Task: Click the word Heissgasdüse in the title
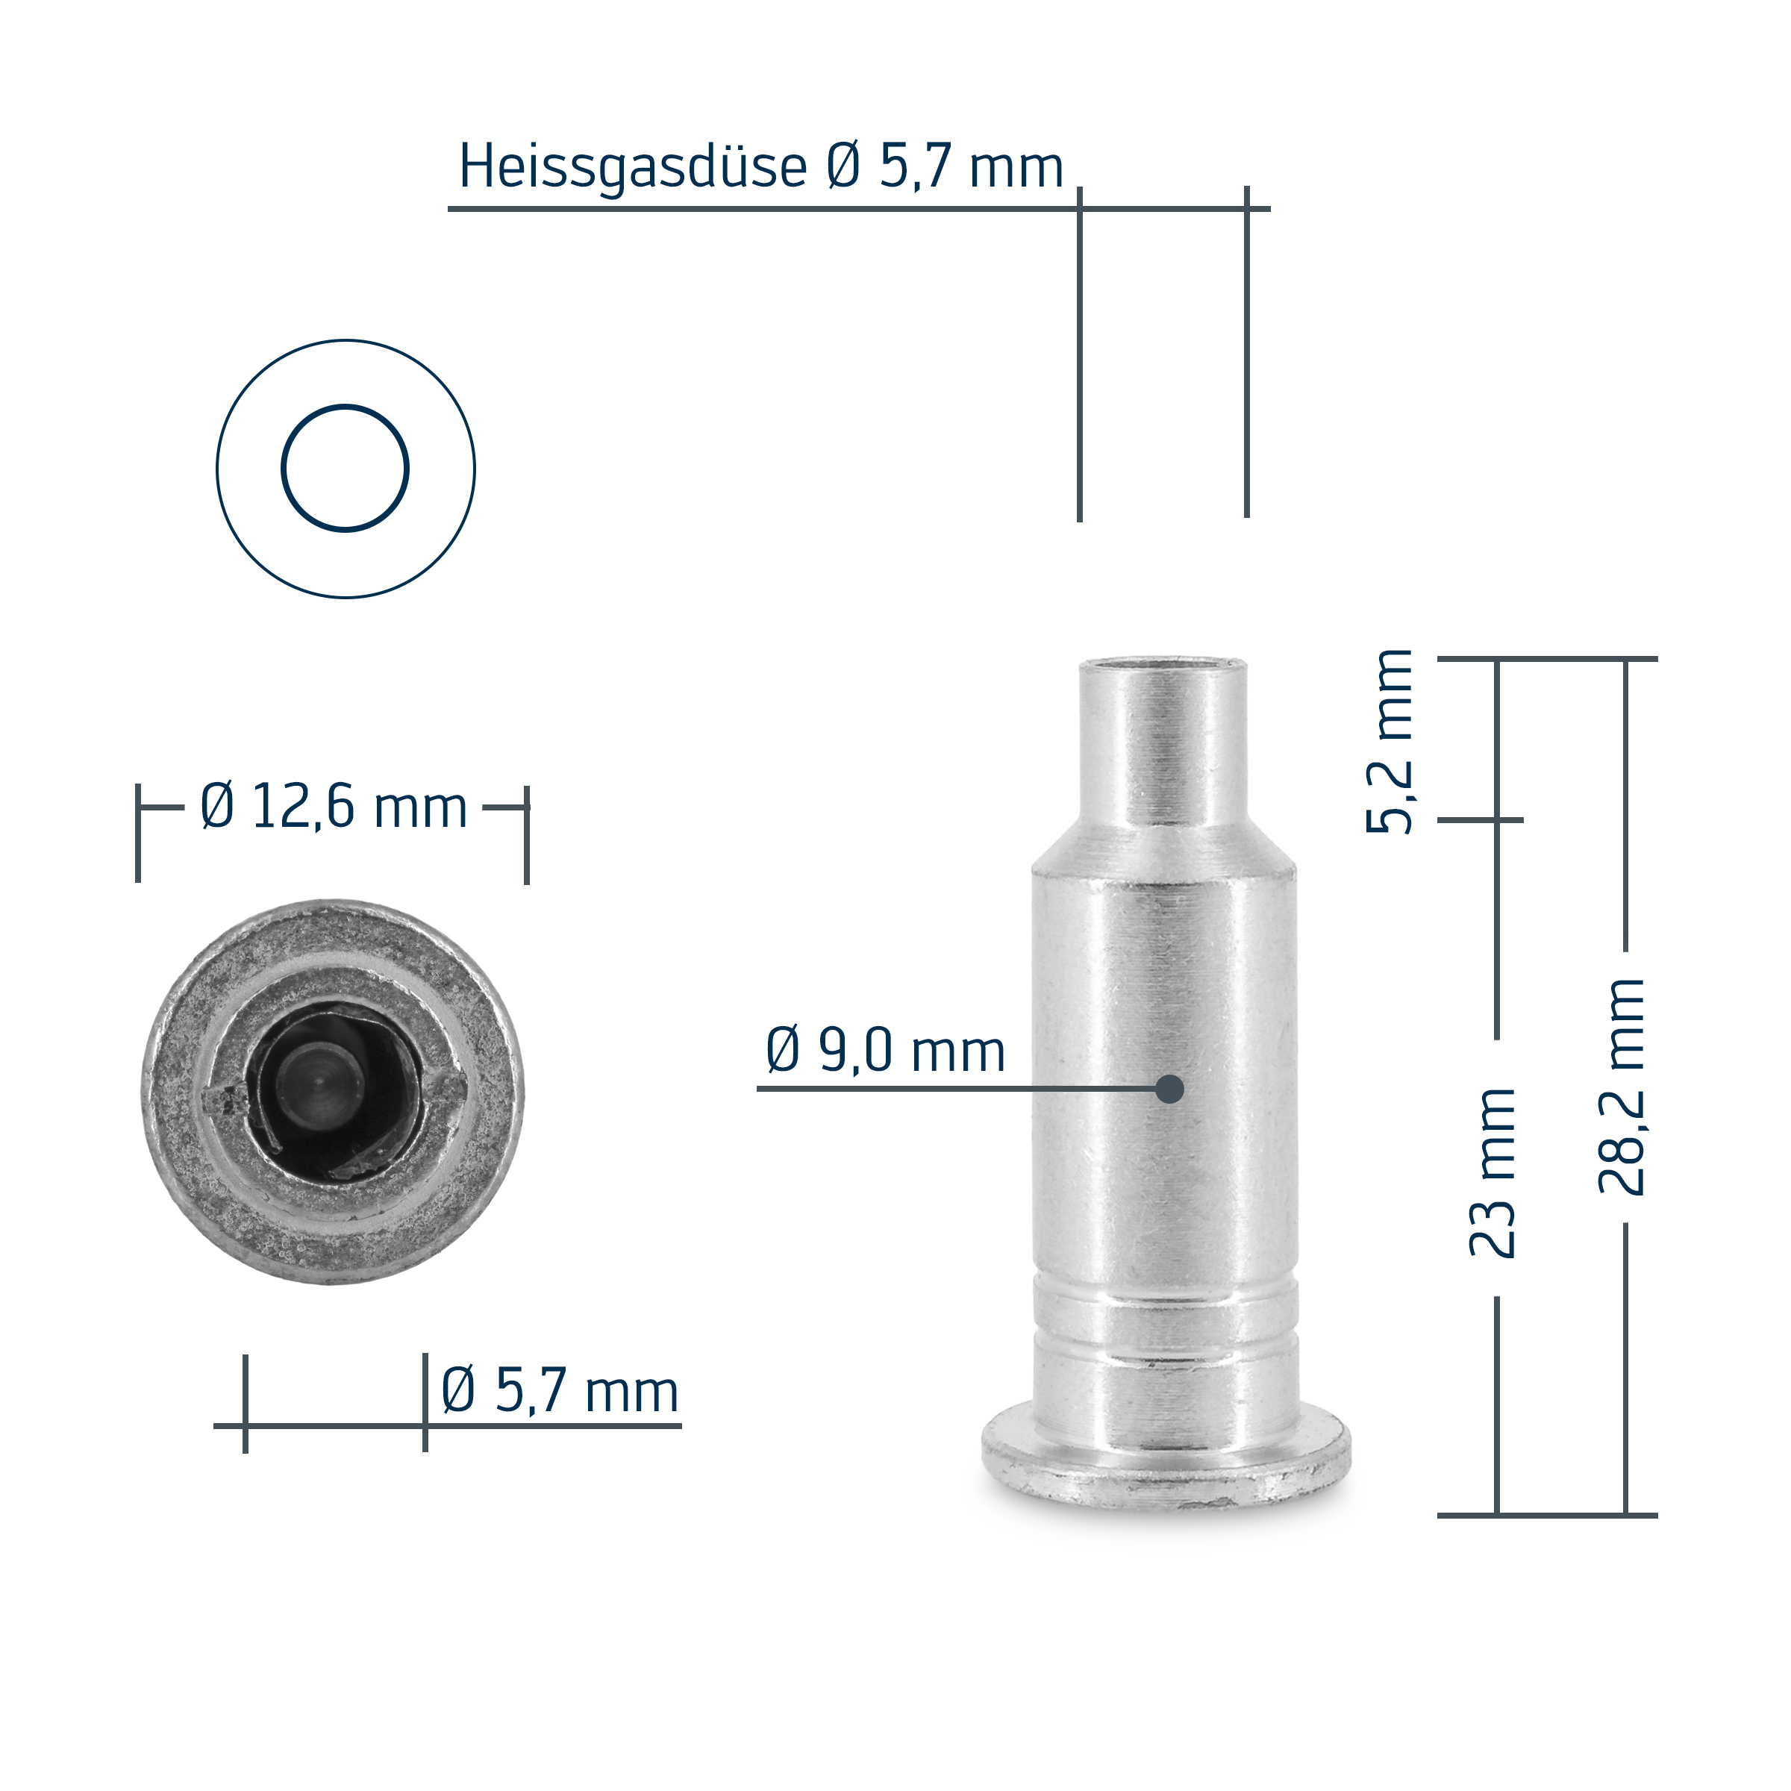tap(632, 168)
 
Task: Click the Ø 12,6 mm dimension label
tap(334, 807)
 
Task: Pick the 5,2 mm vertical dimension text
tap(1390, 742)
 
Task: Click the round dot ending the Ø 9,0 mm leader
tap(1170, 1090)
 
